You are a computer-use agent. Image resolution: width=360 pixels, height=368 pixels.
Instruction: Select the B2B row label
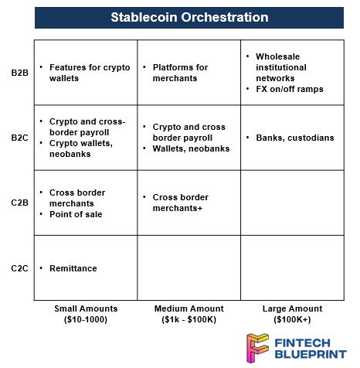[19, 73]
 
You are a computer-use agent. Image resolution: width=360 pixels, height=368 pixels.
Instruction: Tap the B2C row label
[19, 138]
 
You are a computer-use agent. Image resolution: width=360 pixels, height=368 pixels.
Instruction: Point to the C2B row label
[19, 203]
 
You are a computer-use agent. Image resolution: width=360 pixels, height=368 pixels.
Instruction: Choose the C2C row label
[19, 267]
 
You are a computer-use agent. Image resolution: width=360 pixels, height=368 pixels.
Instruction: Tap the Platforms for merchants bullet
[180, 73]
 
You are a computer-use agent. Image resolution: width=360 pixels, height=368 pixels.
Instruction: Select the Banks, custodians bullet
[290, 138]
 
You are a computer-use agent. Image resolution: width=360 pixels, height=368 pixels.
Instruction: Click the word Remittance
[73, 267]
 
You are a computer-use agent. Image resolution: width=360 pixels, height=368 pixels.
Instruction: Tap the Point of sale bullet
[76, 213]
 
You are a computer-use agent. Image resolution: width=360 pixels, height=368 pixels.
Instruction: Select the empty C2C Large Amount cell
[292, 267]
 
